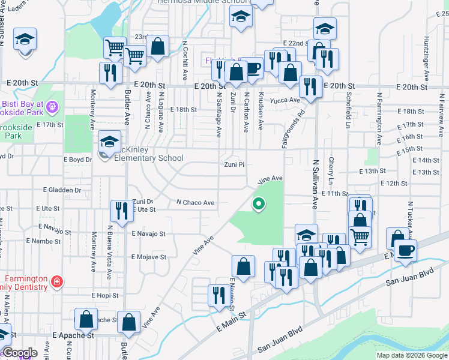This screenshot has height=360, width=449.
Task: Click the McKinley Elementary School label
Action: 144,154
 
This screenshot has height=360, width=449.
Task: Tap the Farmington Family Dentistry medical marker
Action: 56,281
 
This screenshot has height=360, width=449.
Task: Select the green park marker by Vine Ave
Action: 259,204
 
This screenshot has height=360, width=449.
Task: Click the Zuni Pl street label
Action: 235,164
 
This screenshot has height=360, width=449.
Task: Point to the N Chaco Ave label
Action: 195,203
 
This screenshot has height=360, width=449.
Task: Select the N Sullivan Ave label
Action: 315,184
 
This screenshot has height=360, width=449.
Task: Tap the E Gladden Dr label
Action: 62,190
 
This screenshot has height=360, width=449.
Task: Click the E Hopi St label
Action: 106,296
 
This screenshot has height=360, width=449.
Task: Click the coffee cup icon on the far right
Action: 405,250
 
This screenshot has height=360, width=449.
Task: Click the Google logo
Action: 19,353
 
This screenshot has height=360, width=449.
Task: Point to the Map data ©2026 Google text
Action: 412,355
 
